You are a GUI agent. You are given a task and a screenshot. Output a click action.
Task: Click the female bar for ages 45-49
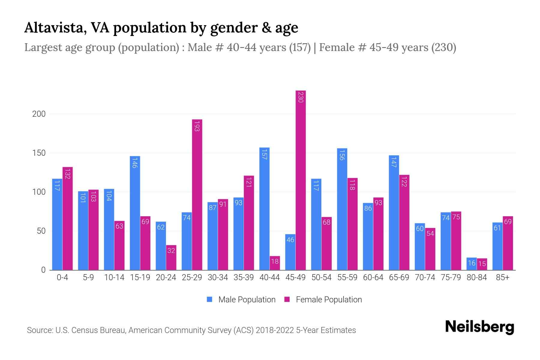coord(301,180)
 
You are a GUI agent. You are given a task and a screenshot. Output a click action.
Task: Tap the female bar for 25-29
coord(197,195)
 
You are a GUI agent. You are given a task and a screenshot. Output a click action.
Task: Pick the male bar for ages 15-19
coord(135,213)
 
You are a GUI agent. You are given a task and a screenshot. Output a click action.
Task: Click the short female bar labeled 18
coord(275,263)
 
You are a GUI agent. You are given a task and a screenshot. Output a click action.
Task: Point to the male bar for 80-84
coord(472,264)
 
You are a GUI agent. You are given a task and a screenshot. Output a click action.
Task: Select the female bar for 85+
coord(508,243)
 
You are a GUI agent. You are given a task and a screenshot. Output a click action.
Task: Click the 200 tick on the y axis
coord(39,114)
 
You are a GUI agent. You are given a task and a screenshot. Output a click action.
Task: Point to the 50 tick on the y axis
coord(41,231)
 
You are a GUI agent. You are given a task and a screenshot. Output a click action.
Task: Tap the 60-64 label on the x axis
coord(373,277)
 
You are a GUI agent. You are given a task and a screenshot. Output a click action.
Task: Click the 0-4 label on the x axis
coord(62,277)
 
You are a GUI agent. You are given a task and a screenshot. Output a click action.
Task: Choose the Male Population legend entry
coord(241,300)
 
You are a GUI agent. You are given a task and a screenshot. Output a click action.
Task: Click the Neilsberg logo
coord(479,327)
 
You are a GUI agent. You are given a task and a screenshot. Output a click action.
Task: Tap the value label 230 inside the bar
coord(301,97)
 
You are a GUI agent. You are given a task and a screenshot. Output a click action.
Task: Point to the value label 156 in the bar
coord(342,155)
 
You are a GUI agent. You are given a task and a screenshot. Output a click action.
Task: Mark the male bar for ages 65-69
coord(394,213)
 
